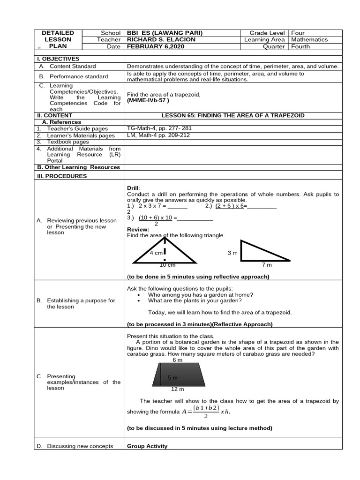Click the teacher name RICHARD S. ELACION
pyautogui.click(x=161, y=40)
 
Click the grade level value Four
pyautogui.click(x=298, y=33)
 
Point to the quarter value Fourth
pyautogui.click(x=300, y=47)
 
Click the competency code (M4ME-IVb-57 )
pyautogui.click(x=148, y=100)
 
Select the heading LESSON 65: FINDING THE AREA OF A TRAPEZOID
pyautogui.click(x=232, y=114)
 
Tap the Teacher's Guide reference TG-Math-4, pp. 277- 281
pyautogui.click(x=159, y=128)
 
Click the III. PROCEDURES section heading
pyautogui.click(x=62, y=176)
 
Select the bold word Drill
pyautogui.click(x=133, y=187)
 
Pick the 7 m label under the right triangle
pyautogui.click(x=267, y=265)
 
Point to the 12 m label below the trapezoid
pyautogui.click(x=178, y=390)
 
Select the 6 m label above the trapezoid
pyautogui.click(x=177, y=360)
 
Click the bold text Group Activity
pyautogui.click(x=147, y=446)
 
